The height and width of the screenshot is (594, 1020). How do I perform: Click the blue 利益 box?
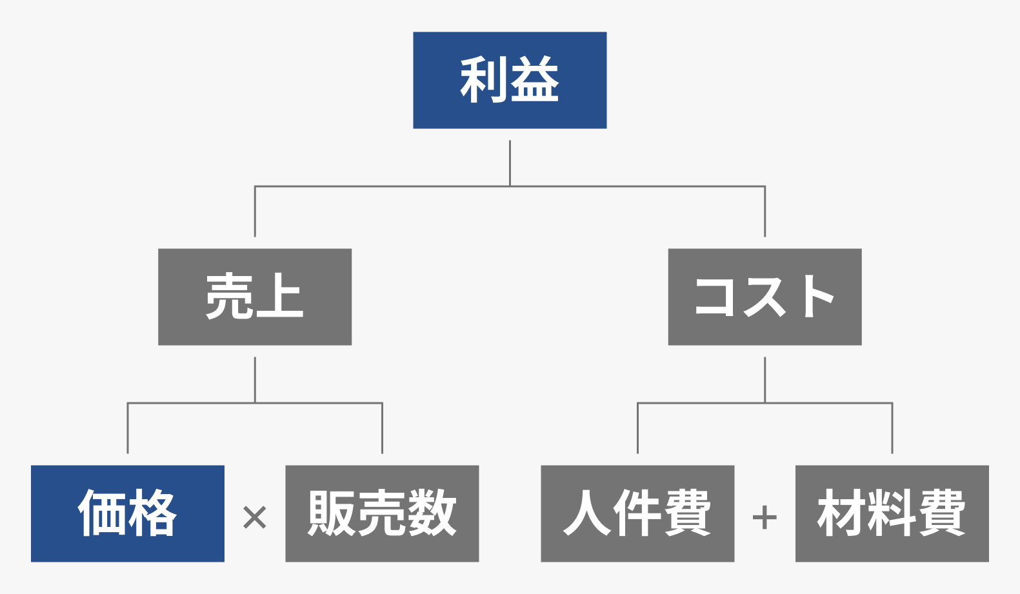point(510,80)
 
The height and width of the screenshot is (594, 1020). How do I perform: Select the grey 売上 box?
point(255,297)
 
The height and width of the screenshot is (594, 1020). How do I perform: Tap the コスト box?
point(765,297)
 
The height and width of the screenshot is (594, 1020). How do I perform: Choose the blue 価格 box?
point(128,513)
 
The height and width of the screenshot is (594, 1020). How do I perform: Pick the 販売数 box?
point(382,513)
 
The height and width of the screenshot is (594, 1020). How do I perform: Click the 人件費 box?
point(637,513)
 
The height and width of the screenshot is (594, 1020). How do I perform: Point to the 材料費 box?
point(892,513)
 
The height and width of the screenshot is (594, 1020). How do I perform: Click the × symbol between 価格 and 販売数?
point(255,517)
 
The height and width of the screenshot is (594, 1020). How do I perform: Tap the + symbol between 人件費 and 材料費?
point(765,517)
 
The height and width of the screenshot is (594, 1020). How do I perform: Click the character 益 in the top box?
point(535,80)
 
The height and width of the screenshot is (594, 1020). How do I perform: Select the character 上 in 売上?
point(279,296)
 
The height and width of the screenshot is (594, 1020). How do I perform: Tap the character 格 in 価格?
point(153,513)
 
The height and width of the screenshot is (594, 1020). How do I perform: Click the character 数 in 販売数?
point(432,513)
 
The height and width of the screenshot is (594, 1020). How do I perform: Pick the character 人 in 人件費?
point(586,513)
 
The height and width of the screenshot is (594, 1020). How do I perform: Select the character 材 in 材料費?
point(841,513)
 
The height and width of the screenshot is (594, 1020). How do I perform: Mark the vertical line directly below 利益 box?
point(510,163)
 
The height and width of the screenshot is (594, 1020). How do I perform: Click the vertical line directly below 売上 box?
point(255,379)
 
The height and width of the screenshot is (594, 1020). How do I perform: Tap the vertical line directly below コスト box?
point(765,379)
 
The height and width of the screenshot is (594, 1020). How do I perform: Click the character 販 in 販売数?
point(332,513)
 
